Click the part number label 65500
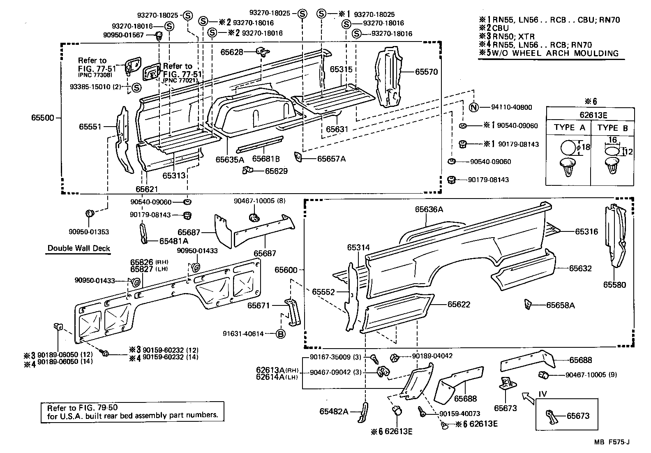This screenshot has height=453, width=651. click(x=42, y=118)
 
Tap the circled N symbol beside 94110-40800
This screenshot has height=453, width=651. click(x=474, y=107)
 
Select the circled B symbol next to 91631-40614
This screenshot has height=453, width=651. click(x=280, y=334)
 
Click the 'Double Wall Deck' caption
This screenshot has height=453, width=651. click(x=78, y=248)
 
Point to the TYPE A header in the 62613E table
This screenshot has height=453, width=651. click(x=569, y=127)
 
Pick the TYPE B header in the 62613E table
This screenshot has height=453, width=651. click(x=613, y=128)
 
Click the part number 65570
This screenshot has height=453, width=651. click(x=426, y=72)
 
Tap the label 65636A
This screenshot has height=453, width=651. click(x=429, y=209)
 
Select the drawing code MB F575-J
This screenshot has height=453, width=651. click(x=612, y=442)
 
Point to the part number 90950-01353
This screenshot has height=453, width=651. click(x=89, y=232)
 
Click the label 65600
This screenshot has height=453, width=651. click(x=286, y=270)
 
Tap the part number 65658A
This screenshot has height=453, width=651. click(x=560, y=305)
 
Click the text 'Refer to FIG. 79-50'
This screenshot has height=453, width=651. click(x=82, y=408)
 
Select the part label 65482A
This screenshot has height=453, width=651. click(x=334, y=411)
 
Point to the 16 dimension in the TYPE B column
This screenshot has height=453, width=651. click(x=612, y=140)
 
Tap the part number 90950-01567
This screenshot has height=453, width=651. click(x=123, y=35)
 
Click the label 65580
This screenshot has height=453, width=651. click(x=614, y=284)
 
